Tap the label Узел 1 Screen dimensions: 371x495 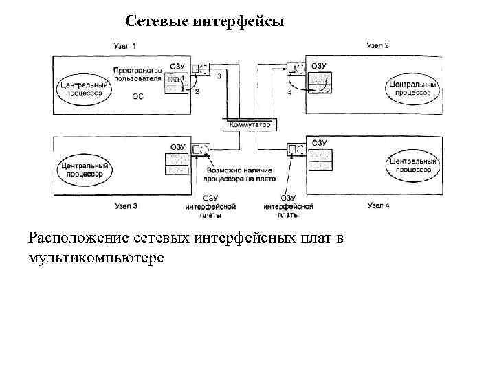pyautogui.click(x=124, y=45)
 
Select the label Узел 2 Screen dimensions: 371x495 pyautogui.click(x=377, y=45)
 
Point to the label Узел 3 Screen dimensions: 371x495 pyautogui.click(x=126, y=205)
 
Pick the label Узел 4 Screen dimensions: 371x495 pyautogui.click(x=379, y=205)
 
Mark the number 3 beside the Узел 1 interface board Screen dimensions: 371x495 pyautogui.click(x=219, y=76)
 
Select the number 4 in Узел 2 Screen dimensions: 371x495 pyautogui.click(x=289, y=92)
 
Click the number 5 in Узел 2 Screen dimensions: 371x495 pyautogui.click(x=327, y=89)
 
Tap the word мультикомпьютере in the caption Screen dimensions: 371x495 pyautogui.click(x=96, y=258)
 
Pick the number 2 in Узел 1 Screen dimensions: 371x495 pyautogui.click(x=197, y=91)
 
